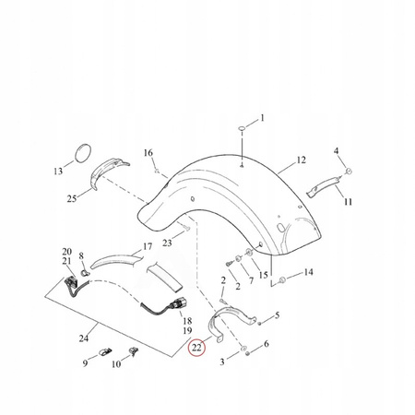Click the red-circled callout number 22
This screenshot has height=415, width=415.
(196, 348)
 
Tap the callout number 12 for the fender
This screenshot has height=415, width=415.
(302, 160)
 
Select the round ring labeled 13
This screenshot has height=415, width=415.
(83, 152)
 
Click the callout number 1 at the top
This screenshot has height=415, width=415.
(262, 118)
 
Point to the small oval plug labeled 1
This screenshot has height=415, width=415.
(242, 128)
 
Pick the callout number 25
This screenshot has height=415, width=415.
(72, 198)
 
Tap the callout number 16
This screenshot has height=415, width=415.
(148, 153)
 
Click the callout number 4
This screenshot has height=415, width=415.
(337, 151)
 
